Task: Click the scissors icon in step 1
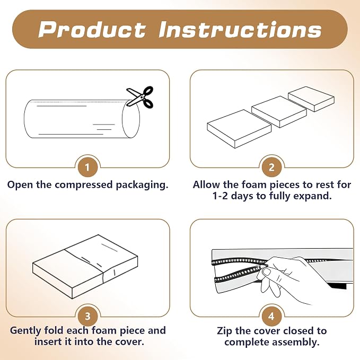pyautogui.click(x=140, y=97)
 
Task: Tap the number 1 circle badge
pyautogui.click(x=87, y=168)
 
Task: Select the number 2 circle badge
pyautogui.click(x=271, y=168)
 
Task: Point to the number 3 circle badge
pyautogui.click(x=87, y=317)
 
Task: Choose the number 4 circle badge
pyautogui.click(x=271, y=317)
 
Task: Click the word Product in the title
pyautogui.click(x=92, y=29)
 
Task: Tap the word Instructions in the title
pyautogui.click(x=240, y=29)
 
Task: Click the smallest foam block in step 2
pyautogui.click(x=311, y=99)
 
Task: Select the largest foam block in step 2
pyautogui.click(x=239, y=128)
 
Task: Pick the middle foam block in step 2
pyautogui.click(x=279, y=111)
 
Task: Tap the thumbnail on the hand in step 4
pyautogui.click(x=266, y=272)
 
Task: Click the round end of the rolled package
pyautogui.click(x=131, y=119)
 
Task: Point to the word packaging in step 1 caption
pyautogui.click(x=142, y=185)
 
